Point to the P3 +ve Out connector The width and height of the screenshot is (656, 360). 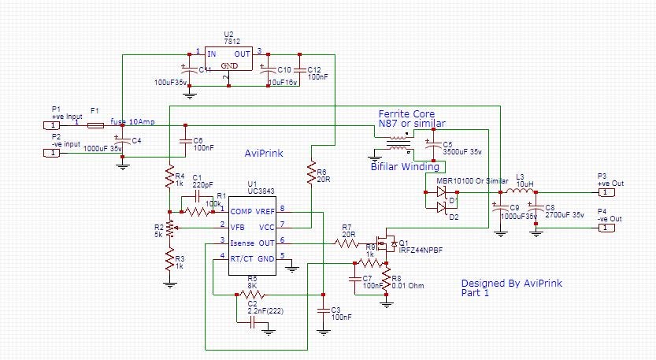[602, 191]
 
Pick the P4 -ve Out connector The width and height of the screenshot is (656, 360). [602, 228]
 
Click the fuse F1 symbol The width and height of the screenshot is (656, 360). [95, 124]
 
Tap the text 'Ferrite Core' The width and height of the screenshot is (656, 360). [406, 114]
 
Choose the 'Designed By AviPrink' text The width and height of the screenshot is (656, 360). [512, 284]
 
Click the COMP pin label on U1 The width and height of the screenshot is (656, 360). [243, 210]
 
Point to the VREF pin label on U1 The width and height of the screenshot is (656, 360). [264, 210]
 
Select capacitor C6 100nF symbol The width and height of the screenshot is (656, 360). [184, 140]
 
